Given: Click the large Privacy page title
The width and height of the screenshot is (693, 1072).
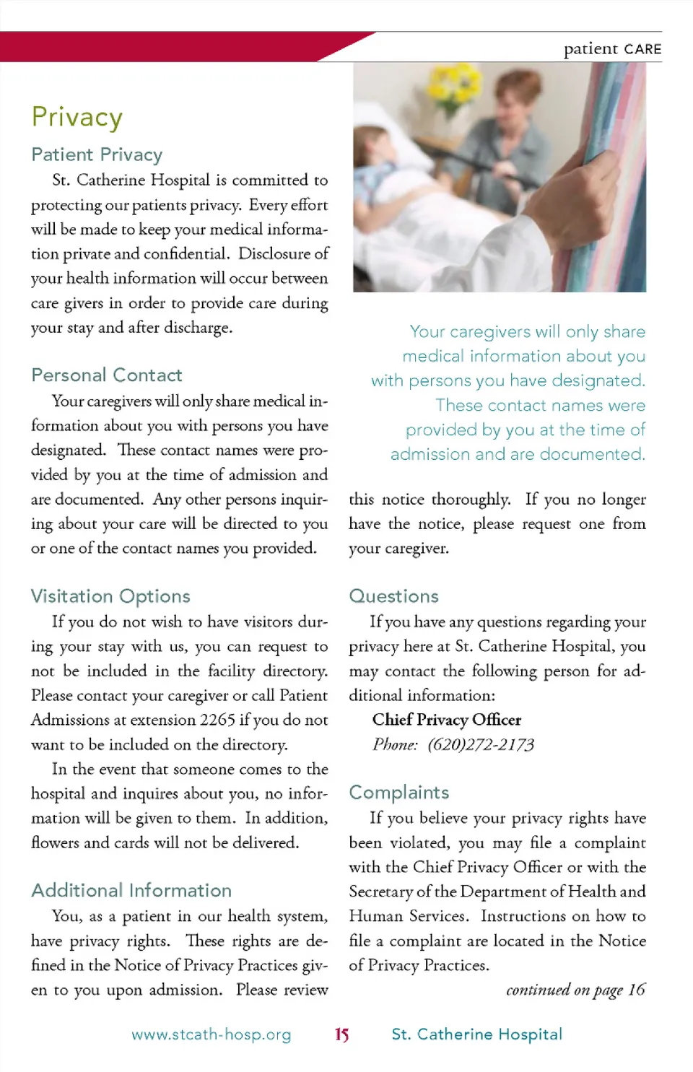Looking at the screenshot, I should [x=77, y=117].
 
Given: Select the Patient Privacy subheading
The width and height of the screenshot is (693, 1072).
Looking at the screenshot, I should [x=97, y=154].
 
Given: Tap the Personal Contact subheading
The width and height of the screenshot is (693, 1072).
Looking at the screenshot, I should [x=106, y=375].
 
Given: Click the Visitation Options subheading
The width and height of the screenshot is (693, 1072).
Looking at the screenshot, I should [x=110, y=596].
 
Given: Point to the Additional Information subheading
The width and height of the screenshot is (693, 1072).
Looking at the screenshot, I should [x=131, y=890].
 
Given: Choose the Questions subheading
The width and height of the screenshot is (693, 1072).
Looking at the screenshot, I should [x=393, y=596].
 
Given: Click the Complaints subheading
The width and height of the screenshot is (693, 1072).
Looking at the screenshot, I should [x=398, y=793].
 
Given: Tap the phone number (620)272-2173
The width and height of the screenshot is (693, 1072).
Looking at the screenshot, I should [x=480, y=744].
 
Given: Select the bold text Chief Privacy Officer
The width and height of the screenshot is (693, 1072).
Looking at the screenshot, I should [x=446, y=720].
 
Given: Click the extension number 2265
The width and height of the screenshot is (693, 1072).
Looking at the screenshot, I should [x=217, y=720].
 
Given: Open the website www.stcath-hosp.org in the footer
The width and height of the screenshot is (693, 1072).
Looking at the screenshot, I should [x=211, y=1034].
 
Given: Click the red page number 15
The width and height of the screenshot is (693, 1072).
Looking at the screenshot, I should [x=341, y=1034].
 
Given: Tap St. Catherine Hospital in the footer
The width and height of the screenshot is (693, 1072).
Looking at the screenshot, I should [x=476, y=1034].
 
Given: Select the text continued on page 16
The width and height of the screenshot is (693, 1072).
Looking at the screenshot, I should [x=575, y=990].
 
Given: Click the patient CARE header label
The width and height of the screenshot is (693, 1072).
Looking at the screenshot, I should [x=612, y=49].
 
